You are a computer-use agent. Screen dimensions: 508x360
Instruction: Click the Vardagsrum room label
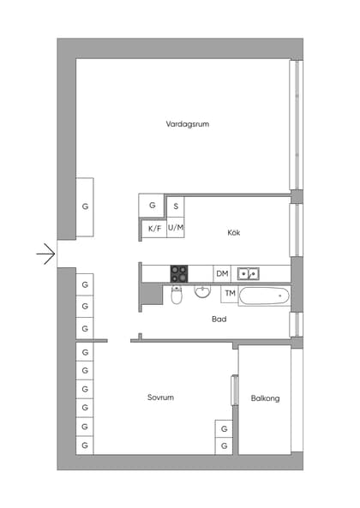(x=188, y=124)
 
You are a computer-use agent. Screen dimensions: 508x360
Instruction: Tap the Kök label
(x=233, y=233)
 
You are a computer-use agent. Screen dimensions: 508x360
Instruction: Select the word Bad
(x=219, y=320)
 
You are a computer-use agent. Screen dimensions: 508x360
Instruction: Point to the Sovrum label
(x=160, y=398)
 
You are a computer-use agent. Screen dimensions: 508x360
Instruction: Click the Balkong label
(x=265, y=398)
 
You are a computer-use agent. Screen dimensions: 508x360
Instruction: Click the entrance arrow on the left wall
(x=45, y=254)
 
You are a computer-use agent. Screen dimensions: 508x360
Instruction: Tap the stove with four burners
(x=179, y=273)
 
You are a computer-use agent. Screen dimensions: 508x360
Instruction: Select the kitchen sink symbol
(x=249, y=273)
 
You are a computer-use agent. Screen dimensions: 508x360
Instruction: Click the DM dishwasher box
(x=222, y=273)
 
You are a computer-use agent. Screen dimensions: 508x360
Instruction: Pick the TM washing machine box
(x=229, y=294)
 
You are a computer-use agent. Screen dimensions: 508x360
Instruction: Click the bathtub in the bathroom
(x=264, y=296)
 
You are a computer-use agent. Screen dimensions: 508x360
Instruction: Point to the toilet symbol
(x=177, y=296)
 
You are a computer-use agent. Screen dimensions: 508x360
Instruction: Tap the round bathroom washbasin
(x=203, y=292)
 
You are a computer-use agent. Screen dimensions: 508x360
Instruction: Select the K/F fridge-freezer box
(x=154, y=229)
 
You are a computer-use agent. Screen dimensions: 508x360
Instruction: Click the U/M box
(x=176, y=228)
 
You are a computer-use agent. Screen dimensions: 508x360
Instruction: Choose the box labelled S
(x=176, y=206)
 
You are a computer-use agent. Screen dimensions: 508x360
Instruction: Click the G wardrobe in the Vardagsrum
(x=85, y=207)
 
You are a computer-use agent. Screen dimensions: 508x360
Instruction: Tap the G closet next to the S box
(x=152, y=206)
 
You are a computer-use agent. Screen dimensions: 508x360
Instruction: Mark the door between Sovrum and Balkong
(x=234, y=389)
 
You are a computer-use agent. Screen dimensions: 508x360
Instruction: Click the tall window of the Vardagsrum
(x=296, y=124)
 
